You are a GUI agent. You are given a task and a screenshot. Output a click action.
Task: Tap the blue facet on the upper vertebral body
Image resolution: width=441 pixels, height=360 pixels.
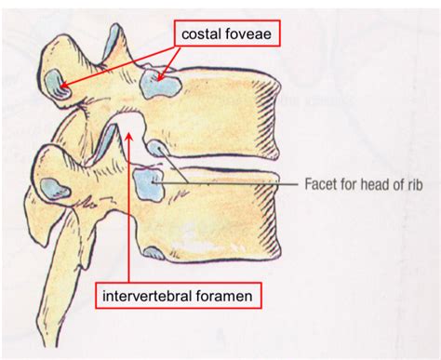[x=160, y=87]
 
